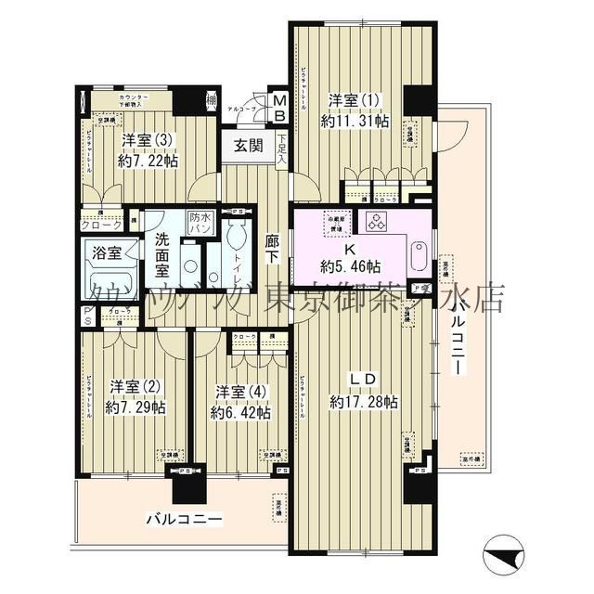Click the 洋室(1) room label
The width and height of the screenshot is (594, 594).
pyautogui.click(x=354, y=98)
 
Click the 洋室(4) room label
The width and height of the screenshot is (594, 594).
pyautogui.click(x=239, y=390)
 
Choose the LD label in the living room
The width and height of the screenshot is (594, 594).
pyautogui.click(x=362, y=381)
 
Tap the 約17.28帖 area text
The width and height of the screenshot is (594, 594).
pyautogui.click(x=364, y=402)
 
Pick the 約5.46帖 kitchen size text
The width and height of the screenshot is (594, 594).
pyautogui.click(x=351, y=265)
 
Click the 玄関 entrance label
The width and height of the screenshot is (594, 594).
pyautogui.click(x=247, y=145)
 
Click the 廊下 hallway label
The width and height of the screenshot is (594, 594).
pyautogui.click(x=272, y=248)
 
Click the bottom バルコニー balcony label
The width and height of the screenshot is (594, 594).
pyautogui.click(x=182, y=518)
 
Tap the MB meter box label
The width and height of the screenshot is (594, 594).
pyautogui.click(x=278, y=106)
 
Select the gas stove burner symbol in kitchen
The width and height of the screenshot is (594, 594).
pyautogui.click(x=377, y=221)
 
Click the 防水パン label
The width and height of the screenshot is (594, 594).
pyautogui.click(x=199, y=222)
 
